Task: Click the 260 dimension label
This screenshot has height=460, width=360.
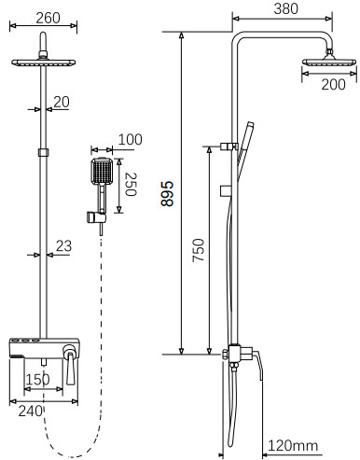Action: [x=48, y=18]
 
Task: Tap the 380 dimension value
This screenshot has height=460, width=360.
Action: [x=285, y=8]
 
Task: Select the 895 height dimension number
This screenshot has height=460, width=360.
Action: [x=167, y=193]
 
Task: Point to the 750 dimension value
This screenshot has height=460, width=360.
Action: [x=199, y=250]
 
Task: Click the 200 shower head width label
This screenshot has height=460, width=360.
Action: [x=333, y=84]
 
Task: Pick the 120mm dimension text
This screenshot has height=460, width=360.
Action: [x=293, y=445]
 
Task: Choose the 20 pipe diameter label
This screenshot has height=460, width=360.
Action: [x=62, y=102]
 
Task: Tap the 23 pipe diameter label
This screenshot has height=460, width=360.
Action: [x=63, y=246]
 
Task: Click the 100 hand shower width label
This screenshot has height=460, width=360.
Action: [x=131, y=139]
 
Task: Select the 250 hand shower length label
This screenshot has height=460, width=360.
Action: [x=131, y=184]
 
